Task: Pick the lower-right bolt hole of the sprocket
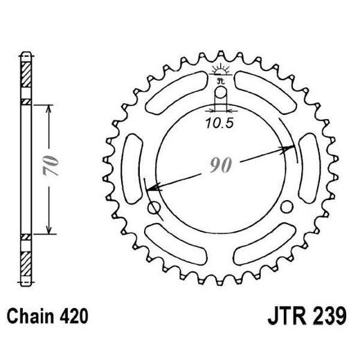[287, 205]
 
